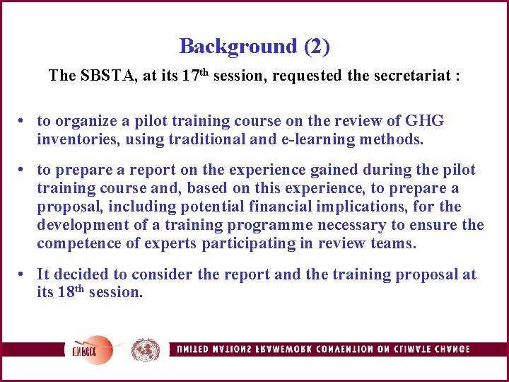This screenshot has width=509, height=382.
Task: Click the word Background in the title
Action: pyautogui.click(x=238, y=47)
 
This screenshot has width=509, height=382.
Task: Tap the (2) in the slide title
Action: pyautogui.click(x=317, y=47)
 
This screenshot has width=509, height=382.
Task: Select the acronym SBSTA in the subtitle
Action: pyautogui.click(x=104, y=76)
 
